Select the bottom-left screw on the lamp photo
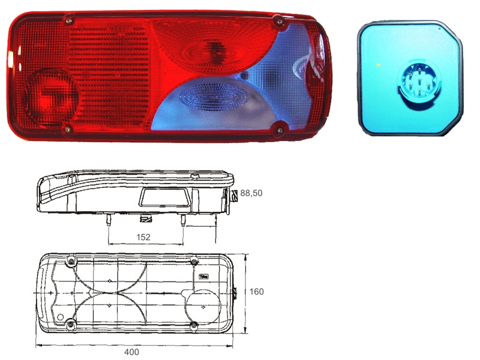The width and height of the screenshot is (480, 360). tap(68, 127)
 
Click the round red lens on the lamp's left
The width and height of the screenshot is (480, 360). tap(52, 97)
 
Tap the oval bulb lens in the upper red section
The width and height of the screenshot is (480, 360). tap(214, 51)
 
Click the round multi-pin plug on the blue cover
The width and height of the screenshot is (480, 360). tap(414, 78)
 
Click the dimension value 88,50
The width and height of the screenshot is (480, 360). tap(252, 193)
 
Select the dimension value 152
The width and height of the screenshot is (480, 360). tap(143, 237)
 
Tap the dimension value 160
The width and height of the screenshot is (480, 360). tap(256, 292)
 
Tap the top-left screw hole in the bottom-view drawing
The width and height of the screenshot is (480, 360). tap(72, 262)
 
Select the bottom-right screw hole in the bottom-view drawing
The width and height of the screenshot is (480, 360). tap(194, 325)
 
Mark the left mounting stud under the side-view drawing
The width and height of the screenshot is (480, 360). tap(109, 221)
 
